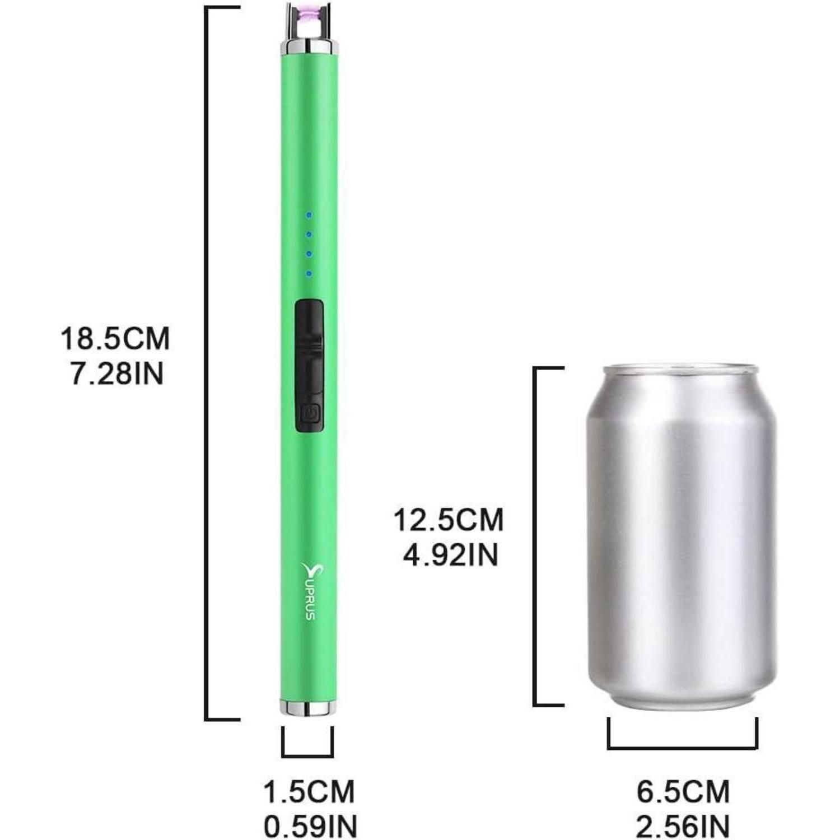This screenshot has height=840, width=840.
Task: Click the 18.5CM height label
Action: pos(115,339)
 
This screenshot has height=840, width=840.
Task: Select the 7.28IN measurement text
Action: pos(117,374)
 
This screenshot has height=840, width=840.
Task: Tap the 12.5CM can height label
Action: pos(449,520)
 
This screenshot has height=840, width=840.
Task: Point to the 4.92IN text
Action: pos(451,555)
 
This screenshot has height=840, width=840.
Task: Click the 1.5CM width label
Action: pos(310,792)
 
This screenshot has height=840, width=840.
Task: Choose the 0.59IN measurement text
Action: pos(310,827)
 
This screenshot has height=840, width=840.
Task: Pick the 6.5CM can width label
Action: pos(683,792)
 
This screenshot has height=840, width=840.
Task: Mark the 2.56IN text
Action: pos(683,827)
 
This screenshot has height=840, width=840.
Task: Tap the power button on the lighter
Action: pos(310,414)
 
